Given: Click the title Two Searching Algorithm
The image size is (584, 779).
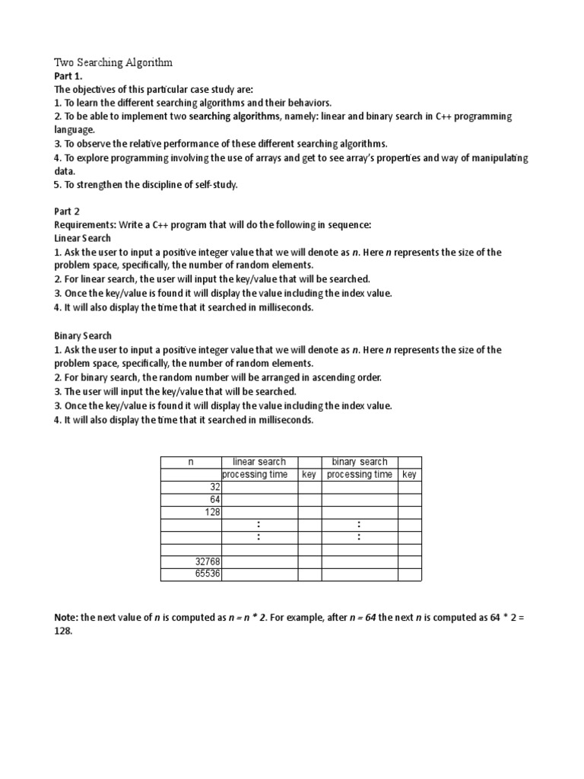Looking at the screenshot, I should point(113,62).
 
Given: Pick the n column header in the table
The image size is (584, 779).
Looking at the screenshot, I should point(191,462).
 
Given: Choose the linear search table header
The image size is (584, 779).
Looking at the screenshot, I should point(259,462).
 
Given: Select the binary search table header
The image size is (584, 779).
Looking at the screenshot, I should point(359,462).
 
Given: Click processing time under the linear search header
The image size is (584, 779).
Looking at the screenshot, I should point(259,475).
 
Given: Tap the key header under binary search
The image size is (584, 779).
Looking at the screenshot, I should point(409,475).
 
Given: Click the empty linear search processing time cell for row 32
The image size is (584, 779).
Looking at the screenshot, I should point(259,487).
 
